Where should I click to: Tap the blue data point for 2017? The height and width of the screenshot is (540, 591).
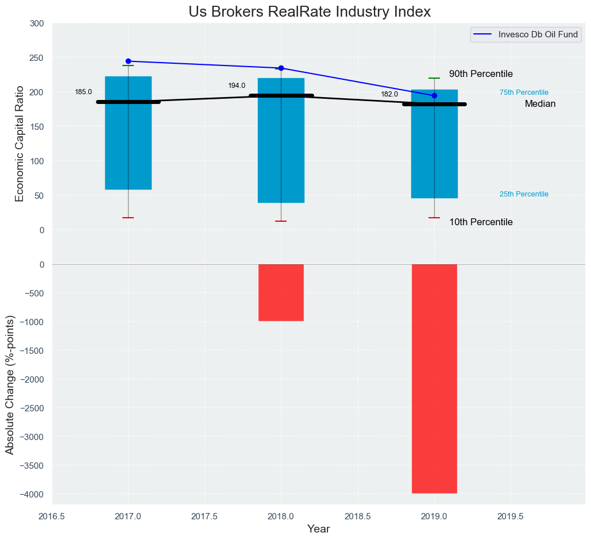coord(128,61)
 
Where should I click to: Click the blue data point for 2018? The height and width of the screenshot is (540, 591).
coord(281,68)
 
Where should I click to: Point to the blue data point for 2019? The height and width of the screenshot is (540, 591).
coord(434,95)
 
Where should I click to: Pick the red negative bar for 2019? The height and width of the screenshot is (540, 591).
coord(434,379)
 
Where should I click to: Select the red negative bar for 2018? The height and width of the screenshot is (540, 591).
coord(281,292)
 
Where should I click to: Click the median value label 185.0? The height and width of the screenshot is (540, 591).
coord(83,92)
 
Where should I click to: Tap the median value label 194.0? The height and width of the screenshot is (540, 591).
coord(237,86)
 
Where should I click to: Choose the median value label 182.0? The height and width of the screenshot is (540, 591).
coord(389,94)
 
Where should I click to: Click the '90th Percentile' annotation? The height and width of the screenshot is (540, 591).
coord(481,74)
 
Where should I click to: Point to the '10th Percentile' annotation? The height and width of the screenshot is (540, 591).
coord(481,222)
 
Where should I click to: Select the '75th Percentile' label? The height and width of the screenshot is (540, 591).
coord(524,92)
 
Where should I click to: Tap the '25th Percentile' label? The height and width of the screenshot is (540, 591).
coord(524,194)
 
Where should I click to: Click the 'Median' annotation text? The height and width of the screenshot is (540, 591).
coord(540,104)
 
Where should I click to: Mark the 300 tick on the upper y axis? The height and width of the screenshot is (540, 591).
coord(37,24)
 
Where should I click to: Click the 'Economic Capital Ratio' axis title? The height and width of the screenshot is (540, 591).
coord(20,144)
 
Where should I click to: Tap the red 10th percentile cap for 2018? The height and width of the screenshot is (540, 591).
coord(281,221)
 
